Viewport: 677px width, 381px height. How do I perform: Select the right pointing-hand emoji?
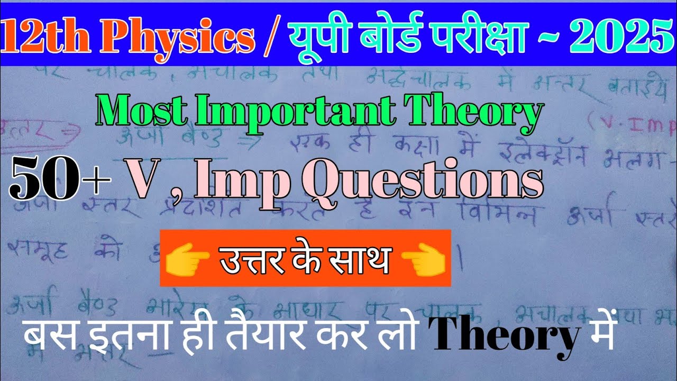click(x=424, y=259)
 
